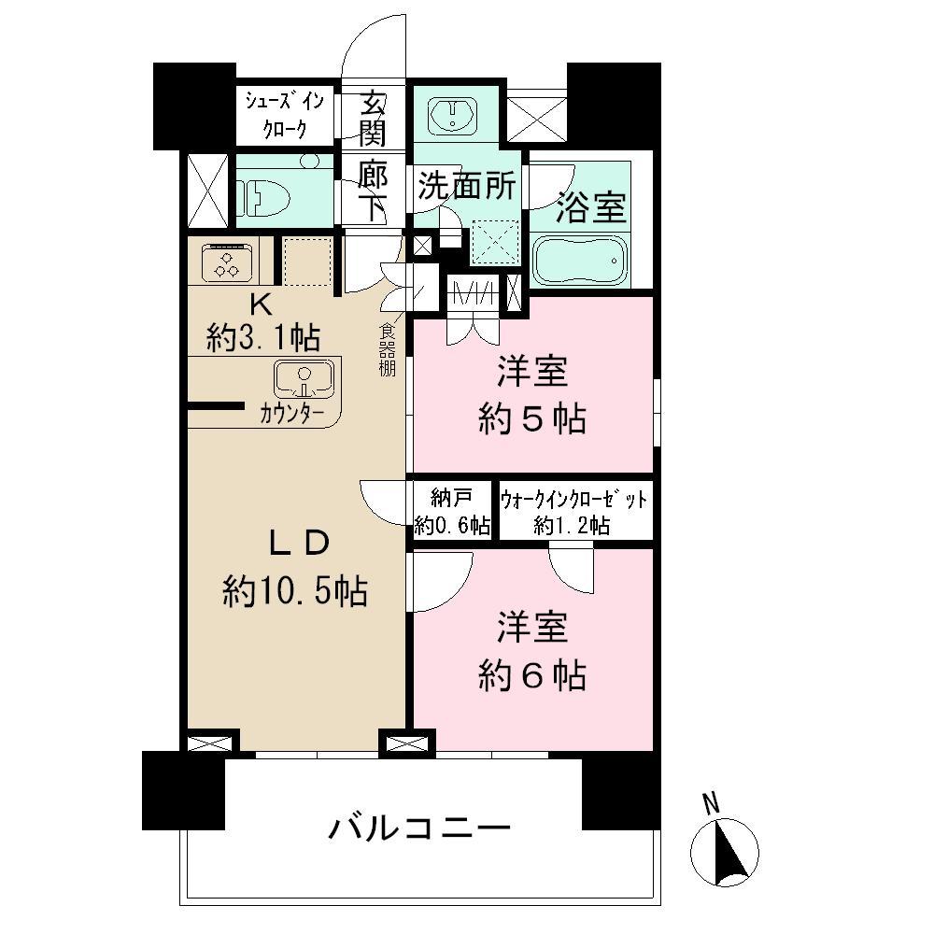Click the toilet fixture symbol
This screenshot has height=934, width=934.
[257, 197]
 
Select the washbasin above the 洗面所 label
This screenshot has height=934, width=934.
[456, 115]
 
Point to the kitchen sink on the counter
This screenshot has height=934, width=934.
[304, 378]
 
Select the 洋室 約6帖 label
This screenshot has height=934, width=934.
[531, 652]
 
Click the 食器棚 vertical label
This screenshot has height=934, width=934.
[387, 347]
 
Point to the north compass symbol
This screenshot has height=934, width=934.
[725, 848]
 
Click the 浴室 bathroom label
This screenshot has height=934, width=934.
[590, 208]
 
